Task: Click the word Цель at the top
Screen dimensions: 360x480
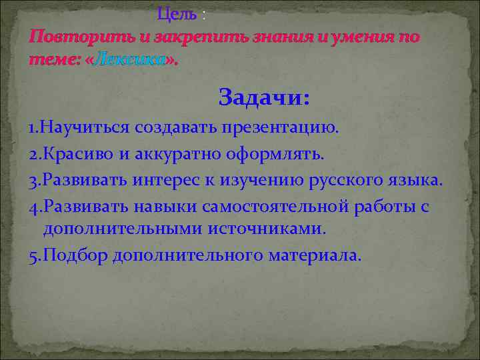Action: pos(177,13)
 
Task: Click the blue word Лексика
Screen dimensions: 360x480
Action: pos(131,60)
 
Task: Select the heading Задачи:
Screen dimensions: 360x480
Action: pos(264,99)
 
